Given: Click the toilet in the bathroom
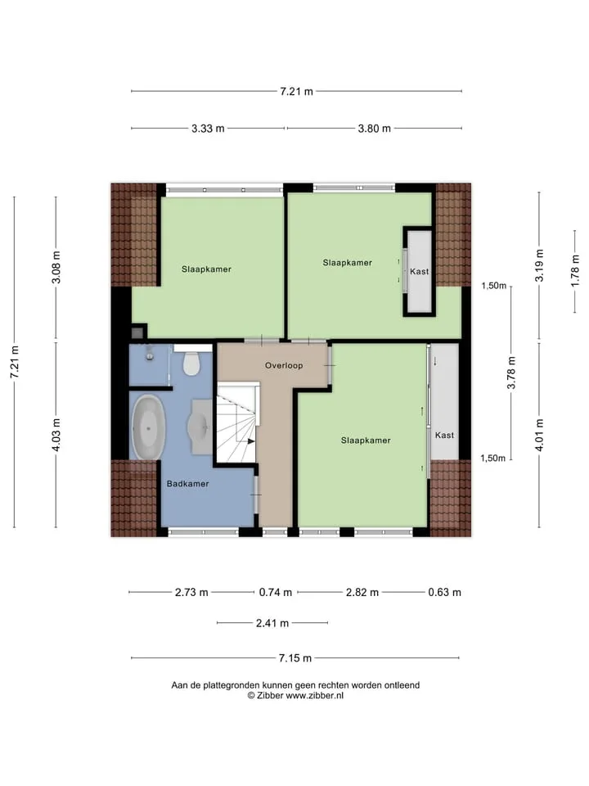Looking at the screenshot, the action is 191,364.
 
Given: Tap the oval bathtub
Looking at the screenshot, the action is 148,427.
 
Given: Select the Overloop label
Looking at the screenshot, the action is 284,365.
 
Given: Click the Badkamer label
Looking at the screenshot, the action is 188,484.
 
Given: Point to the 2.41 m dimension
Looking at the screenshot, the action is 272,623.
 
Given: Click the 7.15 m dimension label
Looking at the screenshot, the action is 295,658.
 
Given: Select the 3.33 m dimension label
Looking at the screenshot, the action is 208,129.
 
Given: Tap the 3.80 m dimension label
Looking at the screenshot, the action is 374,129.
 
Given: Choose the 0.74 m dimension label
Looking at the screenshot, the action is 276,593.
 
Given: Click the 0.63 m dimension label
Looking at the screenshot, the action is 445,593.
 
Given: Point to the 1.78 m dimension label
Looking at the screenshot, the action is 575,271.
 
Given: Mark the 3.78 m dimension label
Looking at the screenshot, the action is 511,373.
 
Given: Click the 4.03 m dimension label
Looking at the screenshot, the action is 56,435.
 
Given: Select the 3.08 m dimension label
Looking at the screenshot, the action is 56,267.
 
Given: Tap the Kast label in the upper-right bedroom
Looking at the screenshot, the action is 419,271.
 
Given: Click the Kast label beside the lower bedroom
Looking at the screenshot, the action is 444,435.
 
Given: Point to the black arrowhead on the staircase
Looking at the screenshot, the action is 251,441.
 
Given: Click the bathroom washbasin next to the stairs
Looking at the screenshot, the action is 201,427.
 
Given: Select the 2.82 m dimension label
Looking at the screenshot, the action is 362,593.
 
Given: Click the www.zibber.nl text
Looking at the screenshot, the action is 314,695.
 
